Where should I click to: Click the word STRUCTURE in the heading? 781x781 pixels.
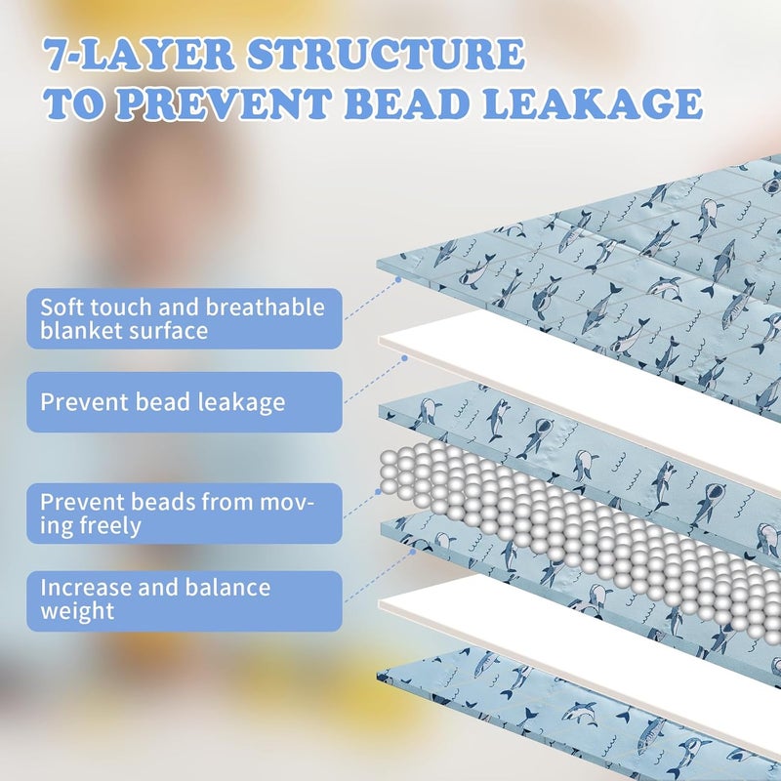point(386,55)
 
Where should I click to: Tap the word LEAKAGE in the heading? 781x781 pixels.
point(593,103)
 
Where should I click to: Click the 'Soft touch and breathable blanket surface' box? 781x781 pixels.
point(185,318)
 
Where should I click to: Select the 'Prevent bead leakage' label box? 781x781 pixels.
point(185,402)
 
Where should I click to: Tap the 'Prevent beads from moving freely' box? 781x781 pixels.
point(185,514)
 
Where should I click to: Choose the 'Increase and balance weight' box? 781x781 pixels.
point(185,600)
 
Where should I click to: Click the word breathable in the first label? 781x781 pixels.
point(265,307)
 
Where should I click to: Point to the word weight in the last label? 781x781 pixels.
point(77,612)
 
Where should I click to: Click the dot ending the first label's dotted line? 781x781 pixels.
point(398,280)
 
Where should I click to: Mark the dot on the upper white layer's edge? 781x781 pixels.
point(404,358)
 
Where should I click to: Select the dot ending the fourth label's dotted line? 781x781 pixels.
point(412,552)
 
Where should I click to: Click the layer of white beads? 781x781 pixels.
point(573,533)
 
